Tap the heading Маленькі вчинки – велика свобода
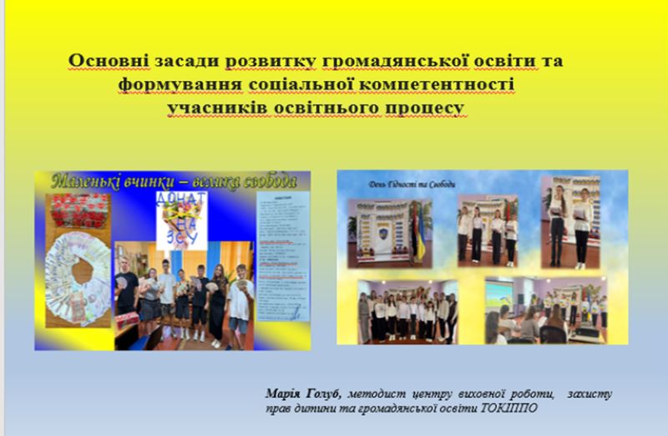(173, 181)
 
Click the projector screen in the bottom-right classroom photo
(506, 297)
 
